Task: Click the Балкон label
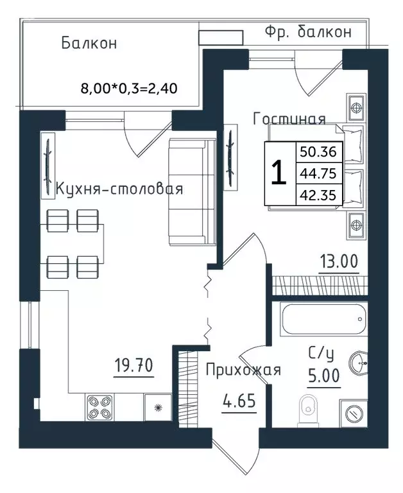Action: click(89, 43)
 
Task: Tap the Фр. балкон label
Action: click(308, 31)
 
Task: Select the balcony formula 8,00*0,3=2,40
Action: click(129, 89)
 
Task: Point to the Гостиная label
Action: click(289, 119)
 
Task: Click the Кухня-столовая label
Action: click(119, 189)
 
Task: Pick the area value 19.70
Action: click(133, 366)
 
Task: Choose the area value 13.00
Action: click(339, 261)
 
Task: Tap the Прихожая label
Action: click(243, 370)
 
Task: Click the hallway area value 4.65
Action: click(239, 401)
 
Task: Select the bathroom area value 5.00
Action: click(324, 376)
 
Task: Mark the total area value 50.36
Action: click(318, 152)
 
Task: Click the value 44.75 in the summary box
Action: click(318, 173)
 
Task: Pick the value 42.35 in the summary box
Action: click(318, 195)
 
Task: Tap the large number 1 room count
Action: click(279, 172)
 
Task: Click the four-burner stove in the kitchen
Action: click(100, 407)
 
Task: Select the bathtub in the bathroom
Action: click(325, 319)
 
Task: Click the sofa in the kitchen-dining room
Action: click(193, 191)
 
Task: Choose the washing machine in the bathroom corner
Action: click(354, 413)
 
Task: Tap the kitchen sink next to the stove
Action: click(158, 407)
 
